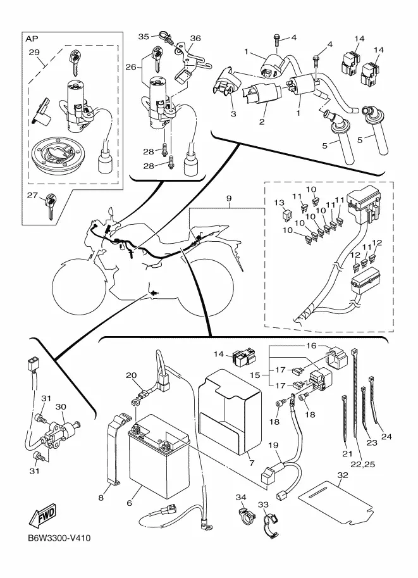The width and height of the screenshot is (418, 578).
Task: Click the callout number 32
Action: coord(343,475)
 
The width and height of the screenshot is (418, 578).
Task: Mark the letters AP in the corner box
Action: coord(31,39)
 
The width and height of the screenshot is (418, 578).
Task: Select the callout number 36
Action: coord(195,38)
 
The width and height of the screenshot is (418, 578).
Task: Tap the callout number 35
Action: coord(144,36)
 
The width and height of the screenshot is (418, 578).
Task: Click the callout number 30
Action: coord(61,406)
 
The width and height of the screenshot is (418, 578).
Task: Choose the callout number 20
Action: coord(131,375)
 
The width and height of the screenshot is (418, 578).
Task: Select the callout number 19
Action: coord(273,446)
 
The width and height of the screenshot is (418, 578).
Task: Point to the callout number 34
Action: coord(241,497)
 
